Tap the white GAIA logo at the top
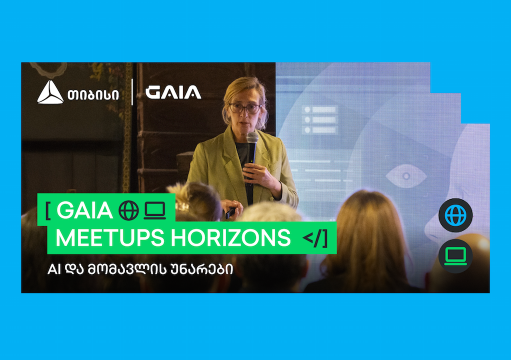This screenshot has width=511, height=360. pyautogui.click(x=173, y=92)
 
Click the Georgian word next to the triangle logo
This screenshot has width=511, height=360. pyautogui.click(x=93, y=95)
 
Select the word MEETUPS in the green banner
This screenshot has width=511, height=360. pyautogui.click(x=110, y=238)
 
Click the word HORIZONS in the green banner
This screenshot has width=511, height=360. pyautogui.click(x=230, y=238)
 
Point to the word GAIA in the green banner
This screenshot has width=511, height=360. pyautogui.click(x=84, y=210)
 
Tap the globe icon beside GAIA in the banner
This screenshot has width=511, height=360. pyautogui.click(x=128, y=210)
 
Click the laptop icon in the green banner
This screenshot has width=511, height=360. pyautogui.click(x=155, y=210)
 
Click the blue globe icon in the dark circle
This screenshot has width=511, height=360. pyautogui.click(x=455, y=215)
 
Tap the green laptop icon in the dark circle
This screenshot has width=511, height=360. pyautogui.click(x=455, y=256)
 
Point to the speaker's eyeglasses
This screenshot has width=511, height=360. pyautogui.click(x=244, y=108)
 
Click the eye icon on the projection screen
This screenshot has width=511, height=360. pyautogui.click(x=406, y=176)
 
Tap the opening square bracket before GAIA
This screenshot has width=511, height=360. pyautogui.click(x=48, y=210)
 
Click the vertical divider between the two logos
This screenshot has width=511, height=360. pyautogui.click(x=132, y=92)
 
